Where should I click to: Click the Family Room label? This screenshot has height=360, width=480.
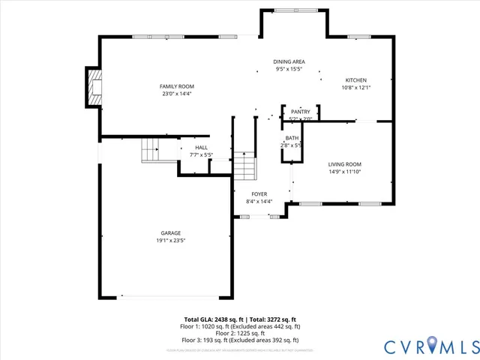coord(177,86)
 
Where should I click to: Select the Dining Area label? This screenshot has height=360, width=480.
coord(289,61)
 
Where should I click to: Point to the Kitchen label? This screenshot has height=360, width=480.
coord(355,80)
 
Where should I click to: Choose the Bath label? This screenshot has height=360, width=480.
coord(292,138)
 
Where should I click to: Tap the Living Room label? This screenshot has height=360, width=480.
coord(344,164)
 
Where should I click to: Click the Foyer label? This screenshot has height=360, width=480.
coord(259,193)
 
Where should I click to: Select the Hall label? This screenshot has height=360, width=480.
coord(201,148)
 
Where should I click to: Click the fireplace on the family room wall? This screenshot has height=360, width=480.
coord(94,88)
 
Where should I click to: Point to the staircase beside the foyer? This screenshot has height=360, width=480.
coord(244,164)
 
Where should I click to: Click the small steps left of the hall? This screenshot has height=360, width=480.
coord(151,150)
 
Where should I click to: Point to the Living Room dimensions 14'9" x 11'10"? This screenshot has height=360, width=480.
coord(344,172)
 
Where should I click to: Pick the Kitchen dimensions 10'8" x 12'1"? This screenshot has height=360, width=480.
coord(355,88)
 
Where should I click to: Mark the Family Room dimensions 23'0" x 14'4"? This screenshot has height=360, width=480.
coord(177,94)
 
